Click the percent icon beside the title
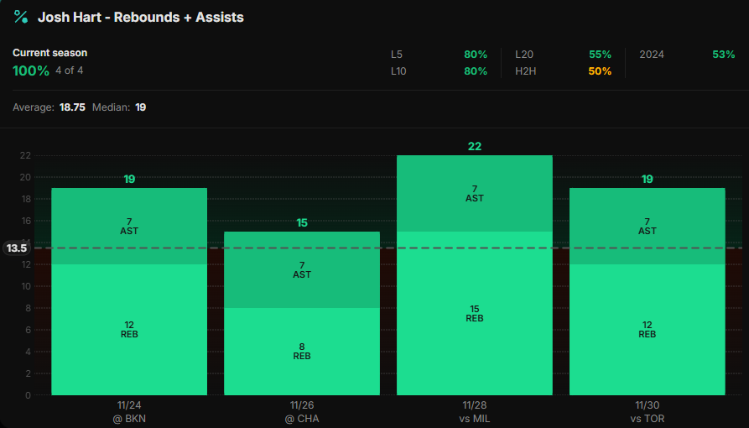21,17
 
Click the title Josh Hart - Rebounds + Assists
141,17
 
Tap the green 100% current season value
31,70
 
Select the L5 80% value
475,54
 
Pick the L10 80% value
475,71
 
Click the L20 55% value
600,54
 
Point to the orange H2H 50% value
600,71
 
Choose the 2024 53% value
723,54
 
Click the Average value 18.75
72,107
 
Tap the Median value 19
141,107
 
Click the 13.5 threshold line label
17,248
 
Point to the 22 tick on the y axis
25,155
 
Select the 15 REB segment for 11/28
474,313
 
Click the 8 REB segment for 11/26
302,351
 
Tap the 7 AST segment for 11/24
129,226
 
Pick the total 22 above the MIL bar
474,146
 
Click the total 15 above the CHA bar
302,222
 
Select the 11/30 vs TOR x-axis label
647,411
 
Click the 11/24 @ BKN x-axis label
129,411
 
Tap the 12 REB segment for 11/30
647,329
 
